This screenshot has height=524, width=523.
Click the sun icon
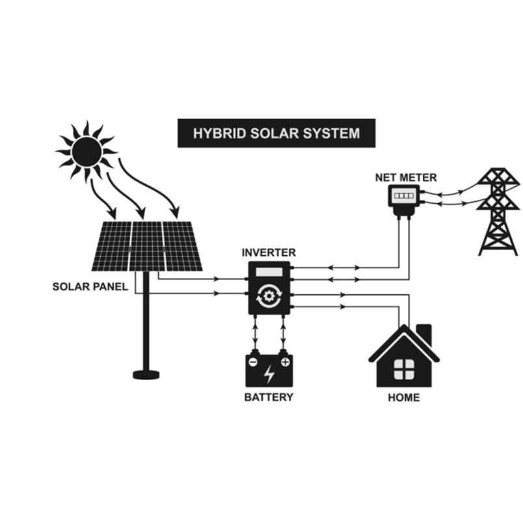pos(87,152)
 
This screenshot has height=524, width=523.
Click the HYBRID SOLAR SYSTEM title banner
pos(276,133)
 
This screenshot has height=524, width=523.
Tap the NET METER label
pos(406,177)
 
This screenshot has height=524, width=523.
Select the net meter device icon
pos(405,196)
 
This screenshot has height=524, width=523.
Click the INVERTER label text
pos(269,252)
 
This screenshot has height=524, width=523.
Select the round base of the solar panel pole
pos(146,374)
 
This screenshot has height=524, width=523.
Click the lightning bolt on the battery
pos(269,374)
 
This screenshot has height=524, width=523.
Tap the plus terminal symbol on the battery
pos(285,362)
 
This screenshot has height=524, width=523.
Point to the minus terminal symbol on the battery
pos(253,362)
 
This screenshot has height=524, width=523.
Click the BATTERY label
pos(269,397)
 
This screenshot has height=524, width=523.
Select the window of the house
pos(403,368)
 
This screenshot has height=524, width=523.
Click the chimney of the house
pos(424,333)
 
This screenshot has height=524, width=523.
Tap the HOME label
pos(403,397)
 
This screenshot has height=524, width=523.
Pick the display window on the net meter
pos(405,195)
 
